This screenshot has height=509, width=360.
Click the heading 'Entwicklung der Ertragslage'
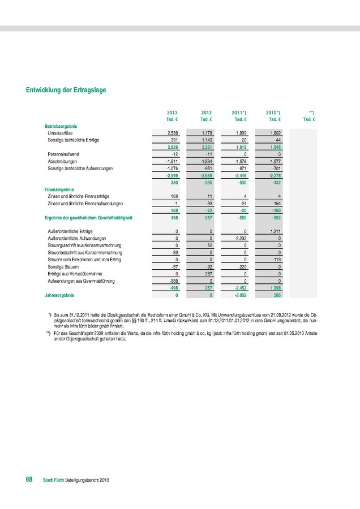tap(66, 89)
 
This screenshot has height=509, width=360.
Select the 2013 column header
tap(173, 113)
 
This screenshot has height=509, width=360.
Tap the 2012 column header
tap(206, 113)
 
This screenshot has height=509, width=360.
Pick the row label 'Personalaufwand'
tap(63, 154)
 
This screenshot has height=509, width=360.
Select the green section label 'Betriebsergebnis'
tap(61, 125)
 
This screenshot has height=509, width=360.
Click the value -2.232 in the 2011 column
tap(241, 239)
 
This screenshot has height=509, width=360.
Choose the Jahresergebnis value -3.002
tap(241, 295)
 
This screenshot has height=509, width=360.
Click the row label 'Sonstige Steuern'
tap(63, 266)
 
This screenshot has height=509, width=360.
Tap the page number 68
tap(29, 479)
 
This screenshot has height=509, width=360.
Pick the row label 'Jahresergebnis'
tap(59, 295)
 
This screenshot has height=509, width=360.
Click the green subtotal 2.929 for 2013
tap(173, 146)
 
